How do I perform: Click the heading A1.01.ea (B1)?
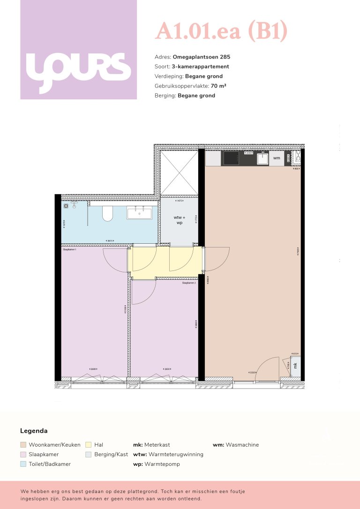(221, 31)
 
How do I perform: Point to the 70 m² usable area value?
(216, 86)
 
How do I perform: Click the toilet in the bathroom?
(107, 213)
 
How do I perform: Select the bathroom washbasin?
(139, 213)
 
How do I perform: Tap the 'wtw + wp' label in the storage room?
(179, 220)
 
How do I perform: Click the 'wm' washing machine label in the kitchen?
(276, 158)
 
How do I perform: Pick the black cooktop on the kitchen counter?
(231, 158)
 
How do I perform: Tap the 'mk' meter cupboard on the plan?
(295, 365)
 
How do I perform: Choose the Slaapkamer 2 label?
(189, 283)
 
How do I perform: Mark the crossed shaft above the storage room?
(179, 172)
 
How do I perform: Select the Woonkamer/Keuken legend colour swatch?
(23, 445)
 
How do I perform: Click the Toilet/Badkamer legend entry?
(50, 464)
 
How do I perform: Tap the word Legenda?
(34, 431)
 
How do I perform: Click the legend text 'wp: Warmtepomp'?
(156, 464)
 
